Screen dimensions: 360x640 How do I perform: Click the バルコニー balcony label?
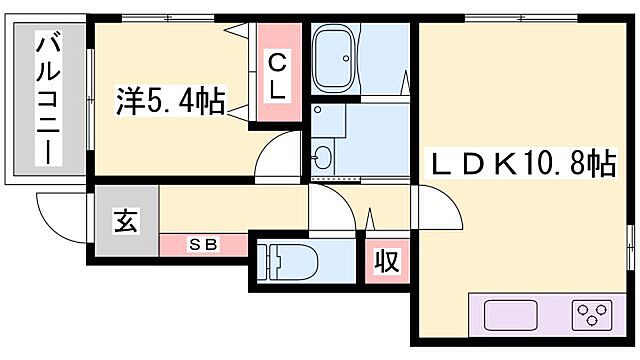click(45, 100)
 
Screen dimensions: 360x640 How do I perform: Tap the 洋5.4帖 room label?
click(169, 102)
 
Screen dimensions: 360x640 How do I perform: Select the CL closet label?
click(278, 75)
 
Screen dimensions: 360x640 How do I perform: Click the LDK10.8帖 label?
click(522, 163)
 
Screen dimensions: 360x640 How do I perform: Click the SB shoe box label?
click(204, 243)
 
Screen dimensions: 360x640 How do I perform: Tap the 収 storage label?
click(387, 261)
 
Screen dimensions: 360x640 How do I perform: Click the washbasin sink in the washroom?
click(322, 158)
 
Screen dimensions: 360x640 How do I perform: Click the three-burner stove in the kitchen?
click(593, 315)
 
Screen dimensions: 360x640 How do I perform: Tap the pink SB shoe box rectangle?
click(204, 244)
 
